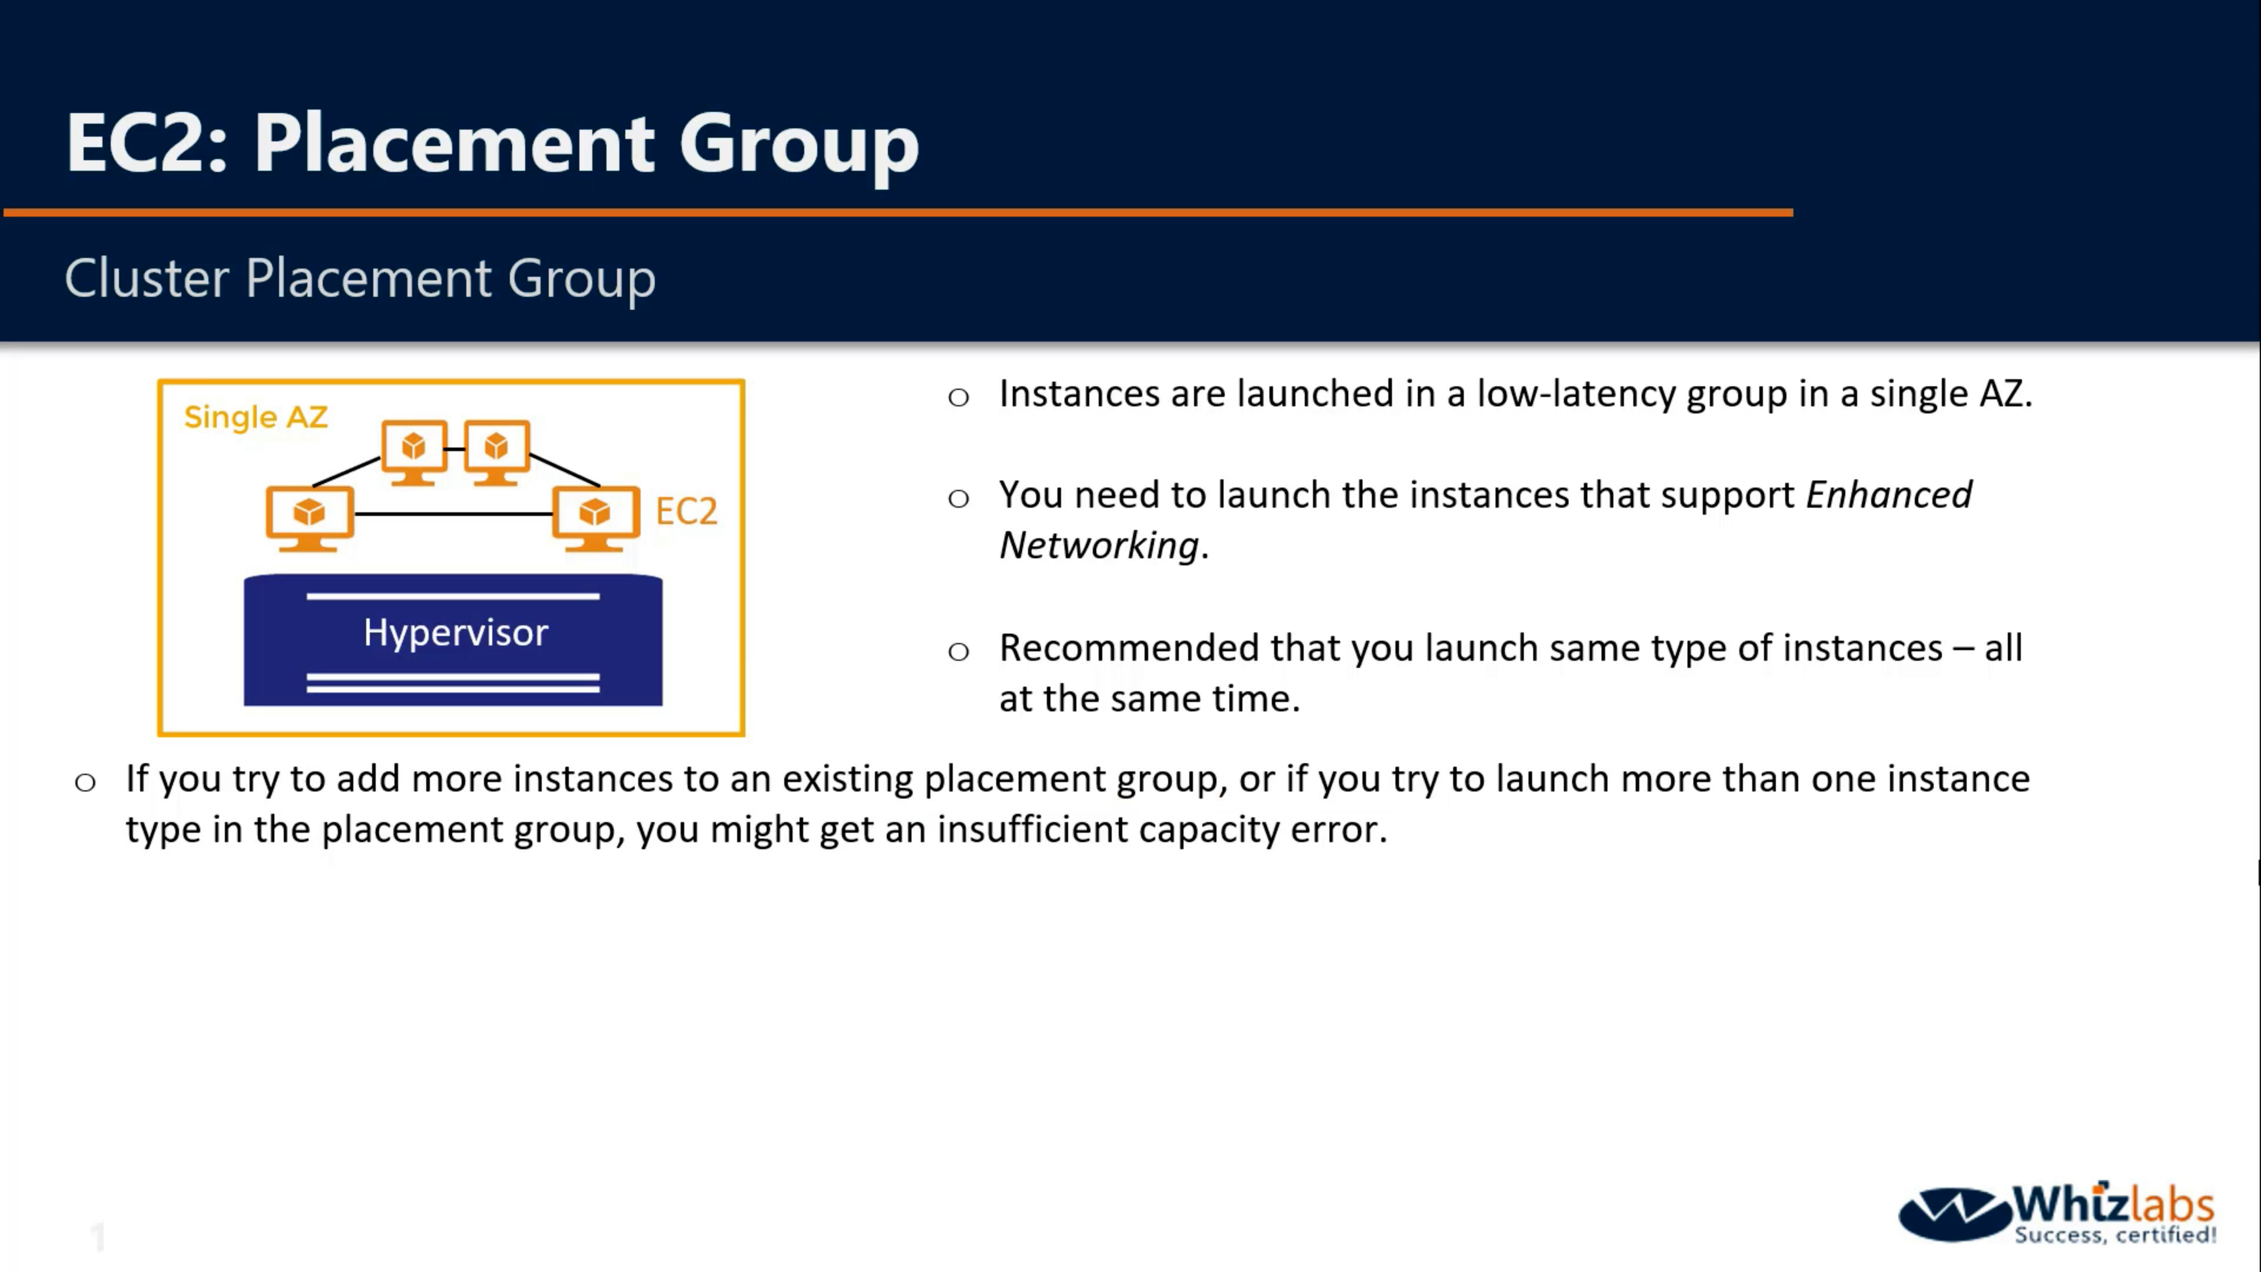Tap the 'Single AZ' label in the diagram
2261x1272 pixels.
click(256, 417)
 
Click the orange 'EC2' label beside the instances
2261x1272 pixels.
click(687, 511)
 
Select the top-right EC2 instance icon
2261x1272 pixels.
click(497, 452)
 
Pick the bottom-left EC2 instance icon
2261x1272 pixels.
click(310, 519)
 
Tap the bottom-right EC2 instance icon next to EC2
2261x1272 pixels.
click(596, 519)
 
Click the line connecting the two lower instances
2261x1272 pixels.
click(453, 514)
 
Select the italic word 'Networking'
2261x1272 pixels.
click(1099, 546)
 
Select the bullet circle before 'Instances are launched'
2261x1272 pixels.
click(959, 397)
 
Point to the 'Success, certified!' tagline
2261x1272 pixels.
click(2116, 1235)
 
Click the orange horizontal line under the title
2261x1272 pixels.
click(898, 213)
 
